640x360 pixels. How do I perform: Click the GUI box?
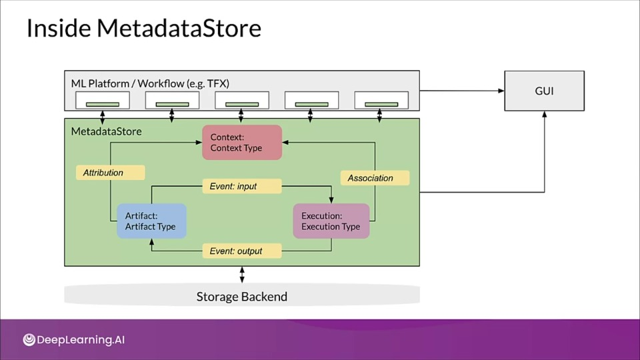(x=544, y=91)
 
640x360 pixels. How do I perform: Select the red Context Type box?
(x=242, y=143)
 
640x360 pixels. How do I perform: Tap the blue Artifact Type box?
(x=151, y=221)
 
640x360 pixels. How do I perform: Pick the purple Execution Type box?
(x=331, y=221)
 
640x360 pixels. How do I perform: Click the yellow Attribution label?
(x=110, y=173)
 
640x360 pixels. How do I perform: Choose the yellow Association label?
(x=375, y=178)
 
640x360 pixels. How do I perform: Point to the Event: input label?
(x=242, y=186)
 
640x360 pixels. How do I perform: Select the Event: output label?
(x=242, y=251)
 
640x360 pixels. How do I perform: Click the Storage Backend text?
(x=242, y=296)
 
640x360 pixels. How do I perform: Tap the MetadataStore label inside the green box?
(x=106, y=131)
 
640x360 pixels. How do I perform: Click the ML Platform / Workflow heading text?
(x=150, y=84)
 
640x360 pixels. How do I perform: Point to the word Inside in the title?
(x=59, y=28)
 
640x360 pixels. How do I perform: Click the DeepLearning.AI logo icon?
(x=29, y=339)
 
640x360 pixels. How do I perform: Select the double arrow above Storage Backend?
(x=242, y=275)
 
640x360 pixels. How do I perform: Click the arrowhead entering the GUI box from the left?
(x=501, y=91)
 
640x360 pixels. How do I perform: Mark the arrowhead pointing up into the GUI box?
(x=544, y=114)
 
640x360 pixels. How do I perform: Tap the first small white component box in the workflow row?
(x=103, y=101)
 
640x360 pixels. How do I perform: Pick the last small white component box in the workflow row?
(x=381, y=101)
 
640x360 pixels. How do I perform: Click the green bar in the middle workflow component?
(x=242, y=105)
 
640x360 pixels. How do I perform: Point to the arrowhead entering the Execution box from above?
(x=331, y=200)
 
